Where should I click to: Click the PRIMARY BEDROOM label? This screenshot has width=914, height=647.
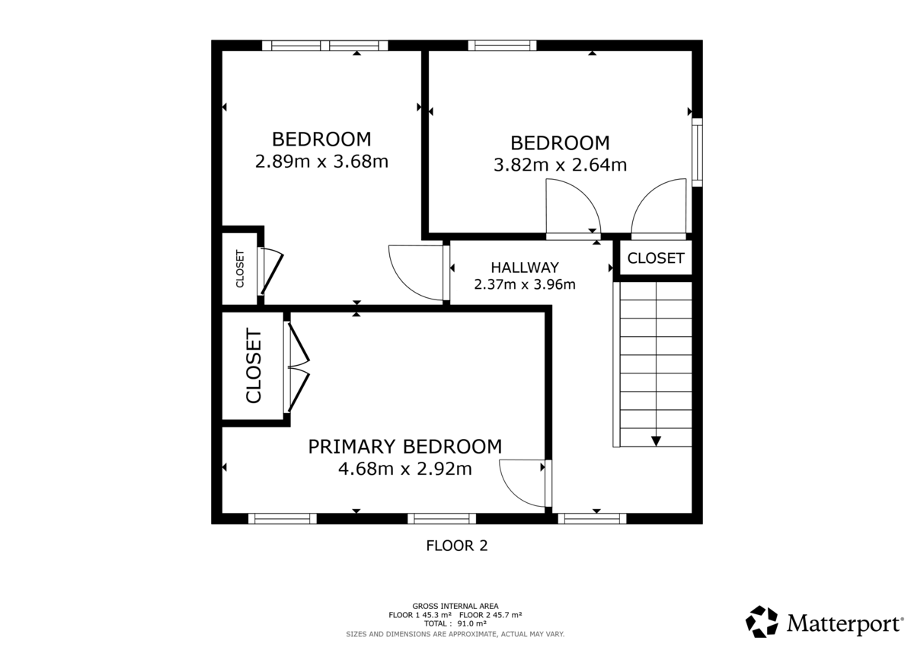[x=404, y=447]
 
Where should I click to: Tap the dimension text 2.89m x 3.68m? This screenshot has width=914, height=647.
[x=321, y=162]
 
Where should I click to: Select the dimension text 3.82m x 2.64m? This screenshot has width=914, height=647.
[x=560, y=165]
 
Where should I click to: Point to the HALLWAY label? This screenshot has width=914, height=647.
[x=524, y=267]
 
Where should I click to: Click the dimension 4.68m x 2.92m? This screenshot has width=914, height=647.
[x=404, y=469]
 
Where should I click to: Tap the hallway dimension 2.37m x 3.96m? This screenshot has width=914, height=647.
[x=524, y=285]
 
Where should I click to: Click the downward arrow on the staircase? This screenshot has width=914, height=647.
[x=656, y=440]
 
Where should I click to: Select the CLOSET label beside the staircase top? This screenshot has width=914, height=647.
[x=656, y=258]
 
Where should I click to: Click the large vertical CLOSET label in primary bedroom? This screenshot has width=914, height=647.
[x=254, y=366]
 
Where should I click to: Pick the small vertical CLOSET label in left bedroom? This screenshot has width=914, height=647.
[x=240, y=269]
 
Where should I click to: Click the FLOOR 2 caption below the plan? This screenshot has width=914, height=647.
[x=456, y=546]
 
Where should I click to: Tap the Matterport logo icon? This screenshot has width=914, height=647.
[x=762, y=622]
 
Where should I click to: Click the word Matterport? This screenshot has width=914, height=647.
[x=844, y=624]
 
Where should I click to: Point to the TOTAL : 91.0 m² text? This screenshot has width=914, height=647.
[x=455, y=623]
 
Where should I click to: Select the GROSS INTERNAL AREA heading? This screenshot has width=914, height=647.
[x=455, y=606]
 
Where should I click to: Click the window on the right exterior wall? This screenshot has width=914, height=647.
[x=697, y=151]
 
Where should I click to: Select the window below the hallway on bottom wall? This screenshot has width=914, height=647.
[x=592, y=519]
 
